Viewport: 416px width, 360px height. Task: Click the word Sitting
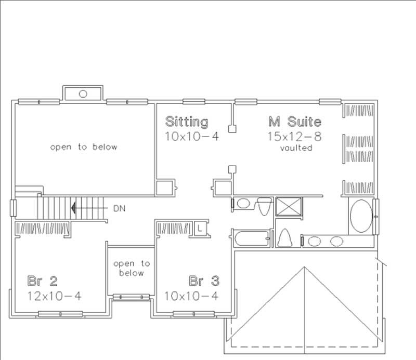click(187, 122)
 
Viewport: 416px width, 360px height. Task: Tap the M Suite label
click(294, 122)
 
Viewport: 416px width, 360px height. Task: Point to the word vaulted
click(296, 148)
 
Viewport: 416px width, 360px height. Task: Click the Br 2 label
click(42, 282)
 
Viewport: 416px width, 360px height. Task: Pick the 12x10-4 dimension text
click(55, 296)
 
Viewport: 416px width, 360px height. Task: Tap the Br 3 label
click(204, 282)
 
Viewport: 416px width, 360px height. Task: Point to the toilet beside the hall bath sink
click(264, 206)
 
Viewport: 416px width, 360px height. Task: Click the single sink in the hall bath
click(243, 204)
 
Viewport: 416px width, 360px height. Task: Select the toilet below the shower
click(284, 238)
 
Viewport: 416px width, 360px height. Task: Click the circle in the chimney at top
click(83, 94)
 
